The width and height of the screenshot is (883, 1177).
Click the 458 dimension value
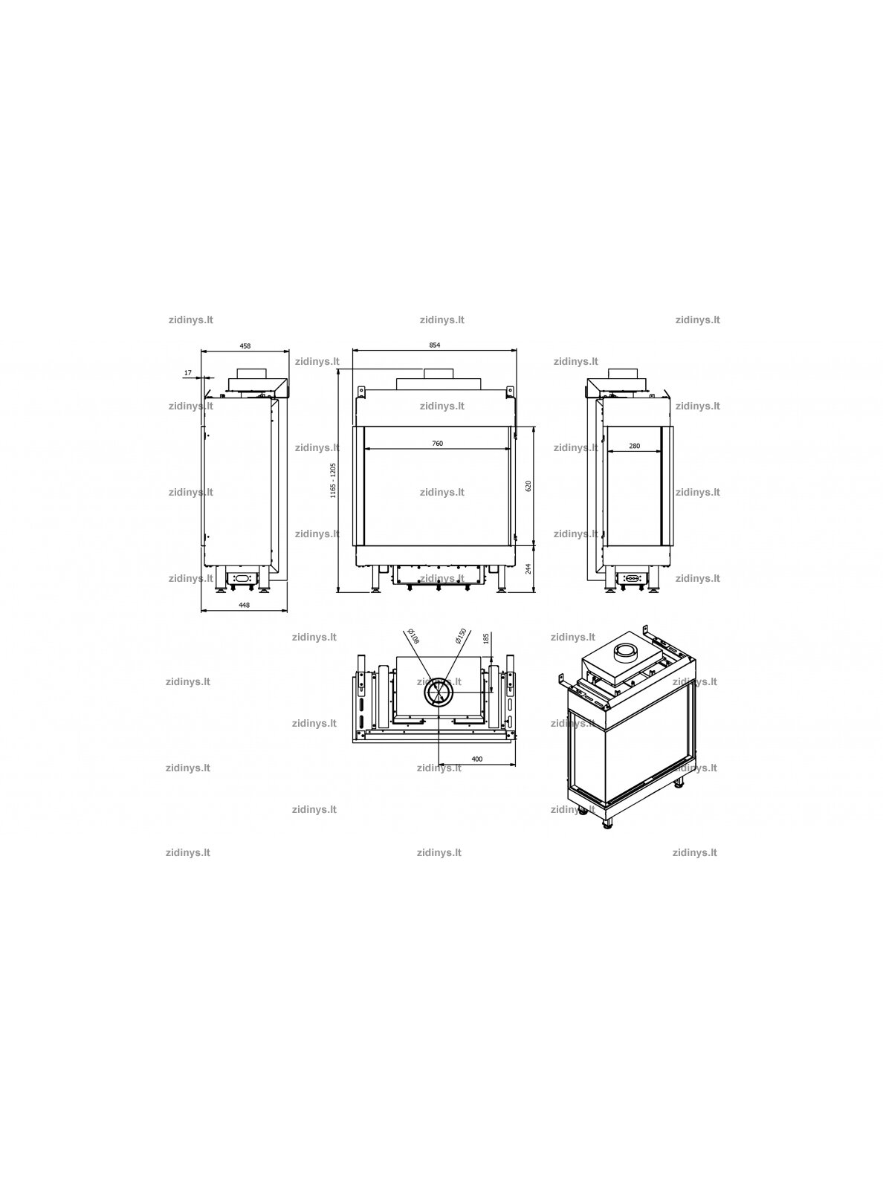(245, 346)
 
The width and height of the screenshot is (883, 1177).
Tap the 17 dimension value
(187, 373)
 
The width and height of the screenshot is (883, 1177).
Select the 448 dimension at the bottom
(244, 605)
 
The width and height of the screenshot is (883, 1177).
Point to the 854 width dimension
(434, 346)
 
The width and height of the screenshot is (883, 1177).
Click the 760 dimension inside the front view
(438, 444)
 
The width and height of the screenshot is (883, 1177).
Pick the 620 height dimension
(528, 487)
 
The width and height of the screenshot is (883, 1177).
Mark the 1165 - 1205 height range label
(333, 481)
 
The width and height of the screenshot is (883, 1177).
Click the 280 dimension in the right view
(634, 446)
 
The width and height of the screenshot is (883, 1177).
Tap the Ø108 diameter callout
(413, 636)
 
